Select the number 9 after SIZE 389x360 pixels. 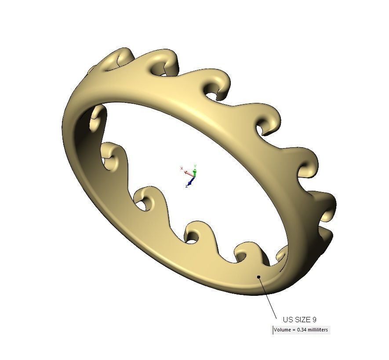[314, 320]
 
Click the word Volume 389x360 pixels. [282, 330]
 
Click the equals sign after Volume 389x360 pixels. [293, 330]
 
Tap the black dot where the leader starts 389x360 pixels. [259, 277]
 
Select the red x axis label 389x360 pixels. [182, 168]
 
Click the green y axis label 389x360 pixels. [195, 166]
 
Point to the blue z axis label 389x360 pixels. [187, 186]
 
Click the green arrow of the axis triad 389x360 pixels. [194, 172]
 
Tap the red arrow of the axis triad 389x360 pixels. [189, 173]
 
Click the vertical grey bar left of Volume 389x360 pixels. [273, 330]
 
